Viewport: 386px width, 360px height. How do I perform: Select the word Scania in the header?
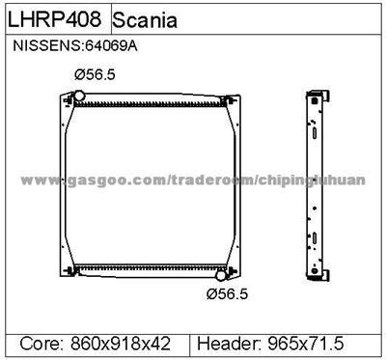pyautogui.click(x=144, y=20)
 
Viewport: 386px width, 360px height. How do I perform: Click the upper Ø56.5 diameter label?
pyautogui.click(x=96, y=73)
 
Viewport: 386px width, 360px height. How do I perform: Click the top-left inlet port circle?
pyautogui.click(x=80, y=95)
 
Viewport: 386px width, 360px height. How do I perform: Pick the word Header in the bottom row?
pyautogui.click(x=229, y=342)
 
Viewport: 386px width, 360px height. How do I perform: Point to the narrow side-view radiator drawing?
pyautogui.click(x=314, y=183)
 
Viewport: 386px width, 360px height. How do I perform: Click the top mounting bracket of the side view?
pyautogui.click(x=315, y=95)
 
